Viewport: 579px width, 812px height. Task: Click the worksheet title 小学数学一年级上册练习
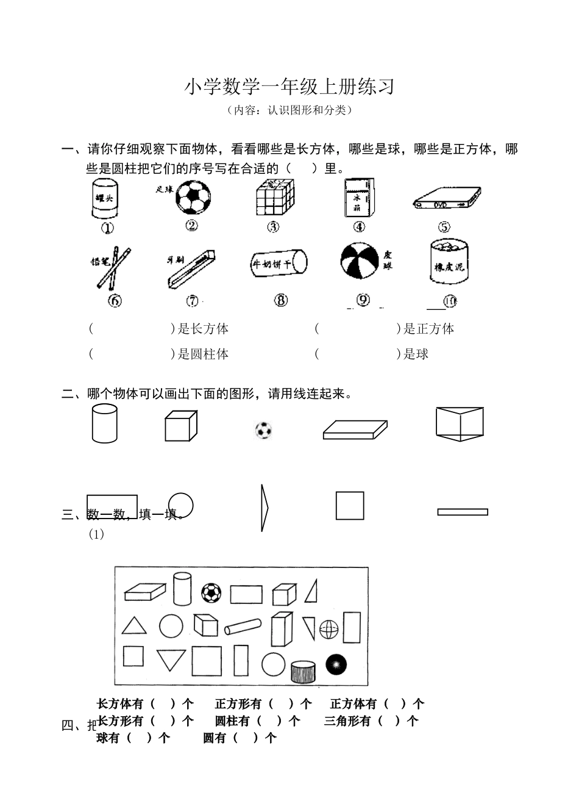(289, 87)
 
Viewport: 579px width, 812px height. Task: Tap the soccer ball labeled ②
(193, 197)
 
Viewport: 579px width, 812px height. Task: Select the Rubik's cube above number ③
(274, 196)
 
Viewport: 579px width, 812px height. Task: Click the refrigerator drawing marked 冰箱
(358, 198)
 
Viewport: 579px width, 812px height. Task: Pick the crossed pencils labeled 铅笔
(113, 268)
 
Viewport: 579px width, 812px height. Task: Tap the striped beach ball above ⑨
(279, 264)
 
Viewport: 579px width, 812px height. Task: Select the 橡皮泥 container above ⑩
(360, 261)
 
